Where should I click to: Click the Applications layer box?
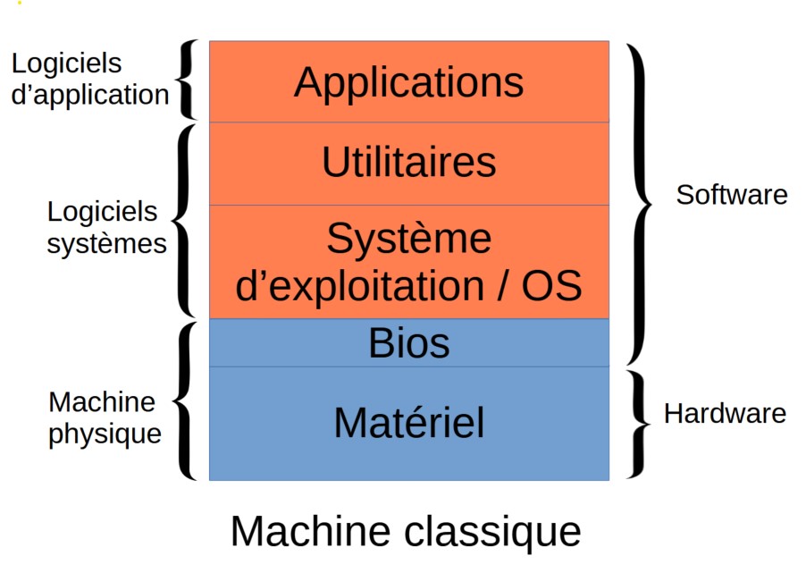(x=408, y=81)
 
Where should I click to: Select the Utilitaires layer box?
(x=408, y=164)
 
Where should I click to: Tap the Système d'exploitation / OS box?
(x=408, y=262)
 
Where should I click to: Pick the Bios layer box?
(x=408, y=343)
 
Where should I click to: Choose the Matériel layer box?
(x=408, y=423)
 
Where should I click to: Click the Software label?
(x=732, y=195)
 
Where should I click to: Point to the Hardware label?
(x=725, y=414)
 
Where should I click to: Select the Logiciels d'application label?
(x=89, y=79)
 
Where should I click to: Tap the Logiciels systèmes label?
(x=106, y=228)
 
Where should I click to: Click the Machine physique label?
(x=105, y=418)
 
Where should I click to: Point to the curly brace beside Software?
(x=641, y=201)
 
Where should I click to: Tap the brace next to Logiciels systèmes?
(x=184, y=220)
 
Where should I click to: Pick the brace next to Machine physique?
(x=184, y=400)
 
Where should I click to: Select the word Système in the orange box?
(x=408, y=240)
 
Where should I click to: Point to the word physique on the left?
(x=105, y=434)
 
